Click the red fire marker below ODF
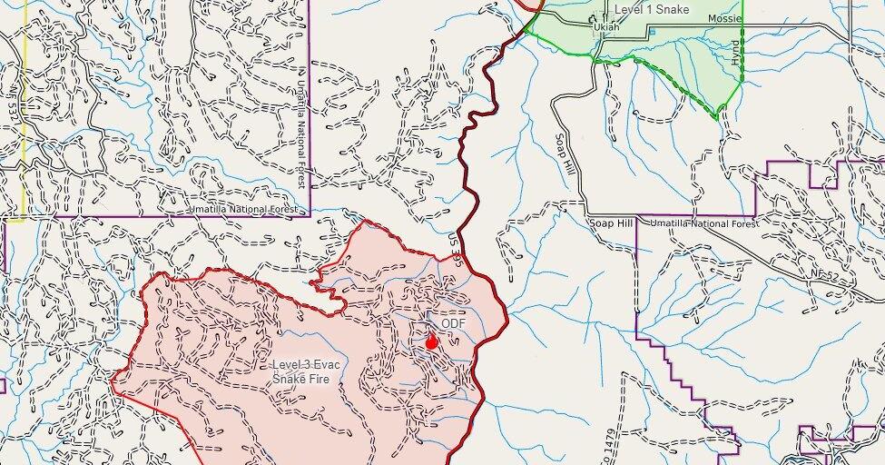pyautogui.click(x=432, y=341)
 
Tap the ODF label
pyautogui.click(x=452, y=322)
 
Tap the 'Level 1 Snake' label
pyautogui.click(x=651, y=9)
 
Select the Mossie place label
pyautogui.click(x=724, y=18)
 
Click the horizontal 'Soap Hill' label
pyautogui.click(x=609, y=223)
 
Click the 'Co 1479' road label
pyautogui.click(x=605, y=444)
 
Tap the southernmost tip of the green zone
pyautogui.click(x=717, y=118)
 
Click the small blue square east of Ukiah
pyautogui.click(x=651, y=31)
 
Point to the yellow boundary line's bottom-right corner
pyautogui.click(x=24, y=218)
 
